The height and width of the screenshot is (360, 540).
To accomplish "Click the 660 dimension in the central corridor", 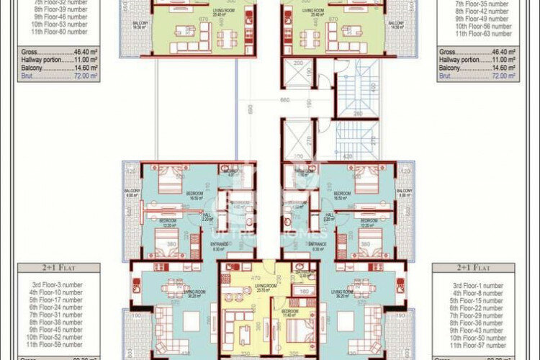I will point(284,100).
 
